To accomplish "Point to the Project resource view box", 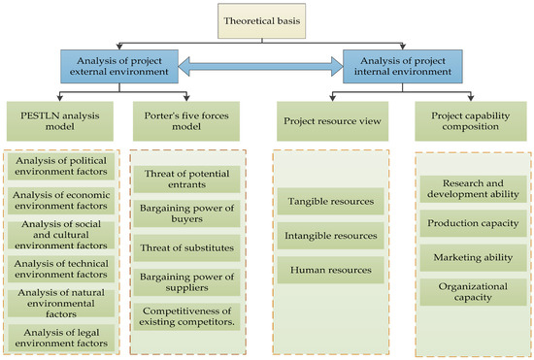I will click(328, 123).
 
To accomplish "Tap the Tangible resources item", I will click(328, 202).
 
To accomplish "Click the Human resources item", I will click(328, 270).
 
